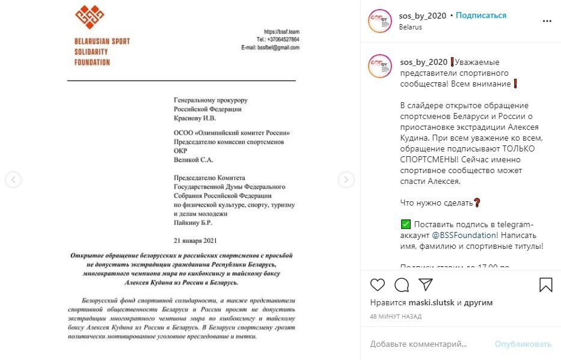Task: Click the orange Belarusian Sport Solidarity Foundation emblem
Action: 88,18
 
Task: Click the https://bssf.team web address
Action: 281,32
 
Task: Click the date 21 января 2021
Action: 194,240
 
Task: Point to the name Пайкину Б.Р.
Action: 192,222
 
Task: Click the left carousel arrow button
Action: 13,179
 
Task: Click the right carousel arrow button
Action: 346,179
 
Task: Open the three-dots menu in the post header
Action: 547,21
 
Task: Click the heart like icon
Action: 377,284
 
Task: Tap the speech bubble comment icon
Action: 402,284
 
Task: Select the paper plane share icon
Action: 425,284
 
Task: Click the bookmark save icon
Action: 545,284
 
